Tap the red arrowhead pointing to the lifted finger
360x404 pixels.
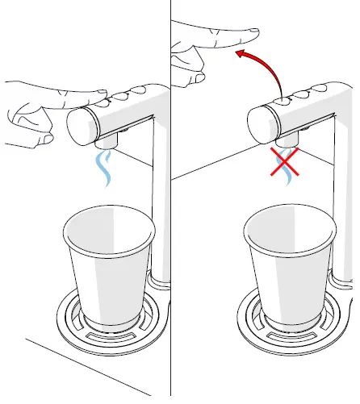[x=239, y=54]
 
